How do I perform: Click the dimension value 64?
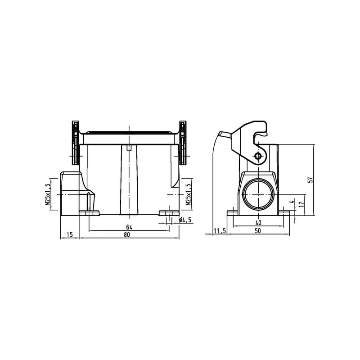(129, 227)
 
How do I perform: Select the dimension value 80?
(127, 234)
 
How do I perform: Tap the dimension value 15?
(70, 234)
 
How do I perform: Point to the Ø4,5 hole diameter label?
(185, 220)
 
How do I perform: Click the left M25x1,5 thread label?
(48, 194)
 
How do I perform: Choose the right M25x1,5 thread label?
(189, 194)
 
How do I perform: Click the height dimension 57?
(310, 180)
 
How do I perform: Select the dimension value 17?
(302, 204)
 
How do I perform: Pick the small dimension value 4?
(292, 202)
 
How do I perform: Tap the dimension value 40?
(258, 222)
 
